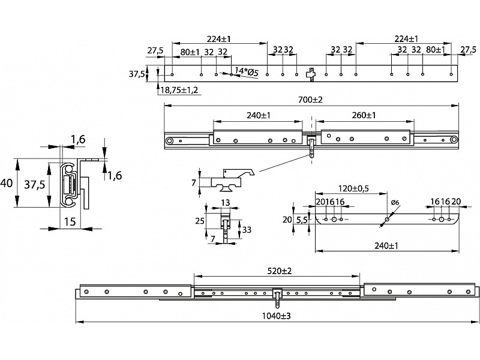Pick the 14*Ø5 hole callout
(x=246, y=71)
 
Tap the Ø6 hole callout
(x=395, y=202)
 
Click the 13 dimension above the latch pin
(x=226, y=202)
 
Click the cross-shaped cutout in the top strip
(x=310, y=74)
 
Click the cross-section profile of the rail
(x=71, y=183)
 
